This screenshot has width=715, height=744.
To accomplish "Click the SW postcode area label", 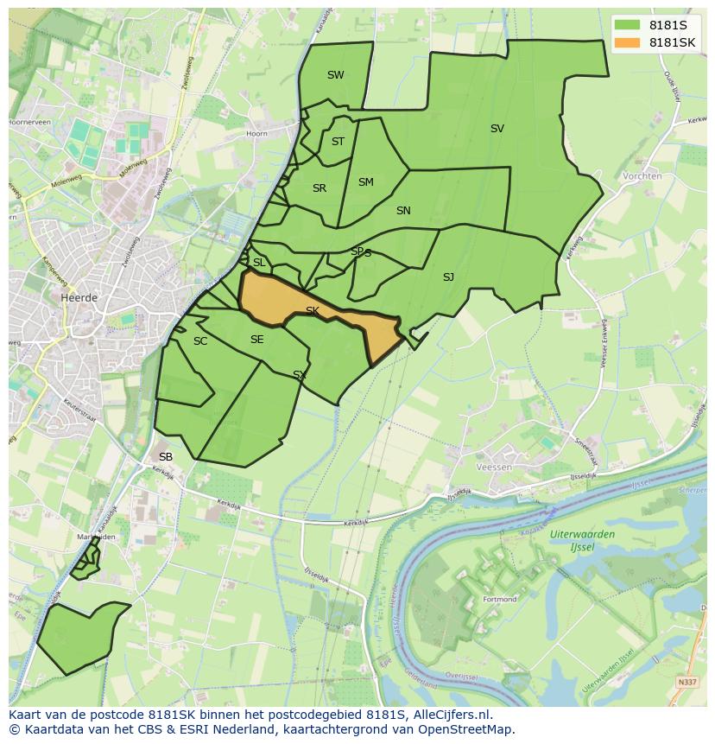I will pos(335,75).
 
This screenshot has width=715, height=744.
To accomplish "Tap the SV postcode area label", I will pos(497,129).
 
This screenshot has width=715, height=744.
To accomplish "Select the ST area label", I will pos(338,142).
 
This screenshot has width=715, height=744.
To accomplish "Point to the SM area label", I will pos(365,182).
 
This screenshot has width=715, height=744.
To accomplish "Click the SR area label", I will pos(320,188).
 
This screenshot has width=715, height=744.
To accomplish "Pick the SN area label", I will pos(403,211).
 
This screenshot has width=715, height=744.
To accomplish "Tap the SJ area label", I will pos(448,277).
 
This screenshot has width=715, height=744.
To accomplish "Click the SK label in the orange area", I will pos(313,310).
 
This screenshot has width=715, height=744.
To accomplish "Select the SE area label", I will pos(256,340).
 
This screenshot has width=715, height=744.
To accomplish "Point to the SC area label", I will pos(200,341).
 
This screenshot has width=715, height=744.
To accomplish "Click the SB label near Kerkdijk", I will pos(166,456).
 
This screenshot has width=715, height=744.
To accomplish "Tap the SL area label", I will pos(259,263).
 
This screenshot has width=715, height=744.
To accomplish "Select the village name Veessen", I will pos(494,467).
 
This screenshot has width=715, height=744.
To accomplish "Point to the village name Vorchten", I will pos(642,175).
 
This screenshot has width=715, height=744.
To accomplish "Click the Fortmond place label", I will pos(500,599).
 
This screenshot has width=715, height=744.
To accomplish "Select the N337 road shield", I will pos(687,682).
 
